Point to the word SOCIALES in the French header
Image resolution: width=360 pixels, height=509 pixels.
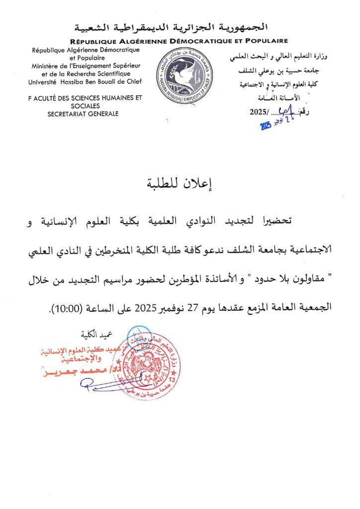coord(86,106)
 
